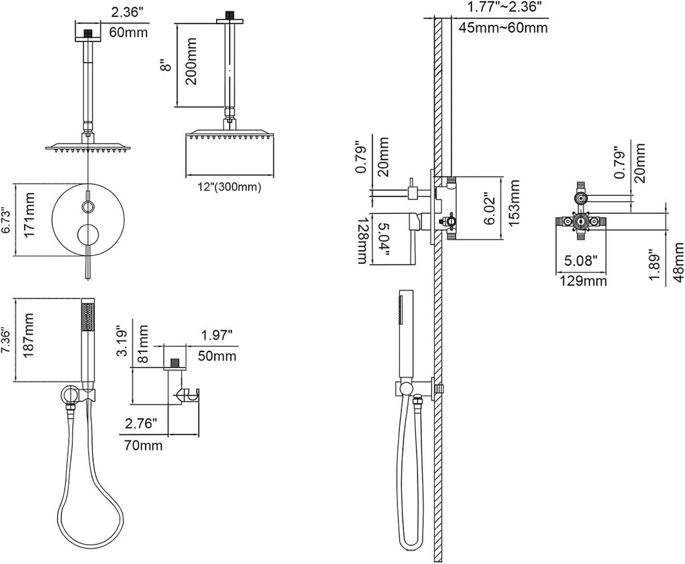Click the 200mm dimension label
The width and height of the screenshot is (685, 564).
click(x=191, y=61)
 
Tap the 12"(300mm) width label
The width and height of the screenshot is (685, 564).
click(x=229, y=187)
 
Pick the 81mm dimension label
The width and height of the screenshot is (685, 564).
click(x=142, y=343)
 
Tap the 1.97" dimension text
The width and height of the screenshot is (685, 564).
click(x=216, y=335)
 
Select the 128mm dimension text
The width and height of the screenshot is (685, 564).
click(x=363, y=241)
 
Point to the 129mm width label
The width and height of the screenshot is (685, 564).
click(x=583, y=280)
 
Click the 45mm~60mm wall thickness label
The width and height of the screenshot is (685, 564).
click(x=503, y=27)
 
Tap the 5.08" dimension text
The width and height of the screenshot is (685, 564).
click(x=581, y=261)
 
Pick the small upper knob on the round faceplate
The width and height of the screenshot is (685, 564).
click(x=88, y=206)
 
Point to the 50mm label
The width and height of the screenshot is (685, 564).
click(x=217, y=356)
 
